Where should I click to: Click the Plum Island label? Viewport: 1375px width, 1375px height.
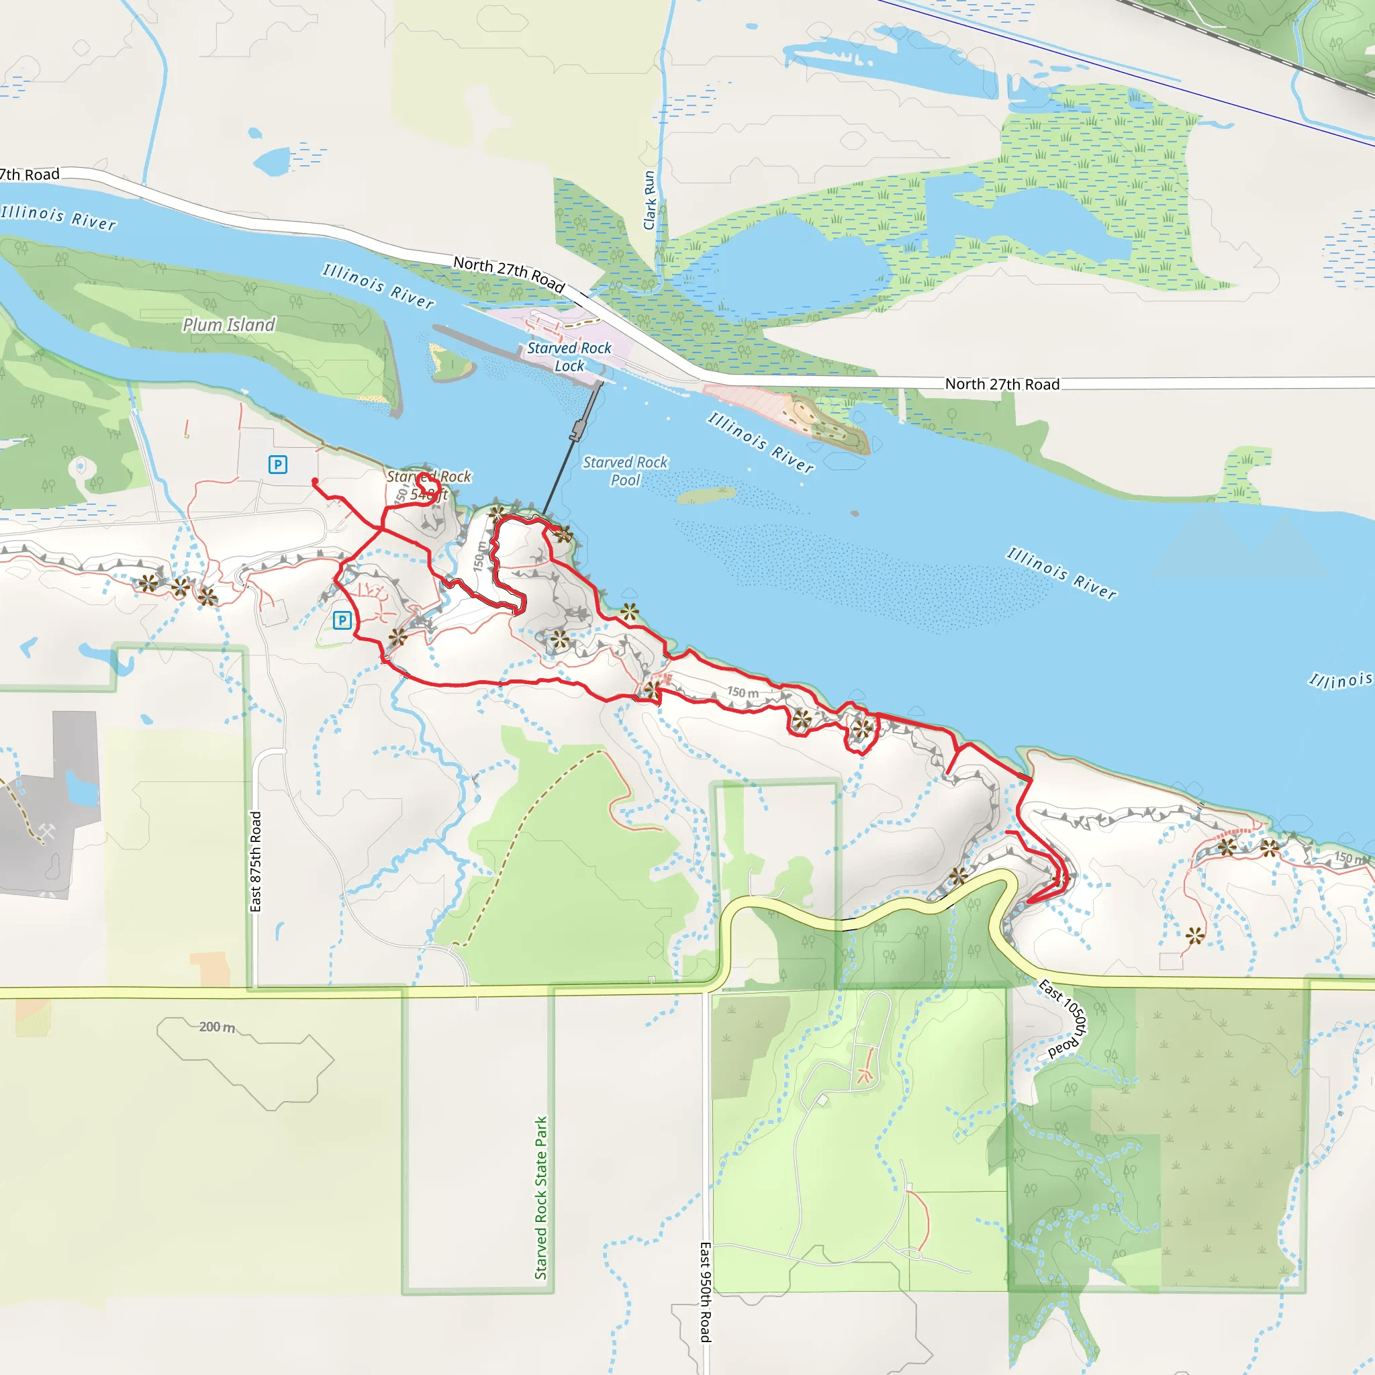click(228, 324)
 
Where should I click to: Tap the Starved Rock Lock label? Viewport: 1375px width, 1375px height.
click(569, 357)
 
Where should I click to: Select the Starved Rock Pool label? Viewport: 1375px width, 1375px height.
click(625, 471)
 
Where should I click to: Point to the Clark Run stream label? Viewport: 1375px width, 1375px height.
click(649, 201)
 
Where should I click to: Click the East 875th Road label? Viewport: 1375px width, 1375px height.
click(256, 861)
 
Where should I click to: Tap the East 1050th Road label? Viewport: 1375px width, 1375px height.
click(1065, 1017)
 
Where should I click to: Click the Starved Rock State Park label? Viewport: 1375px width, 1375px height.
click(541, 1198)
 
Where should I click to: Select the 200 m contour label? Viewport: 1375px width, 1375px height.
click(216, 1027)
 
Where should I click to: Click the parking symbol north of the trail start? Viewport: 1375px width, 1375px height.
click(277, 465)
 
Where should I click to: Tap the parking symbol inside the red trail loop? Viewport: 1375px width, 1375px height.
click(342, 620)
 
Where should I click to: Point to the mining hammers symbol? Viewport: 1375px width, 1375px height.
click(47, 831)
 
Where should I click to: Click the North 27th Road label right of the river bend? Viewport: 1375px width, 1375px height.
click(1002, 384)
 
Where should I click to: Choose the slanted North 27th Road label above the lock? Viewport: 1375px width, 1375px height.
click(509, 274)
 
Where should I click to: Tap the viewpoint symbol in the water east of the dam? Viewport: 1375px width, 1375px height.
click(629, 612)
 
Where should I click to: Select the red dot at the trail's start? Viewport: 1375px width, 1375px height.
click(315, 482)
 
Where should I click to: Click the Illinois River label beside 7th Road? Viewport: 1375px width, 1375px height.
click(58, 217)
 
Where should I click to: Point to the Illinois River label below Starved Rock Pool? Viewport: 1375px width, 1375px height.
click(1060, 572)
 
